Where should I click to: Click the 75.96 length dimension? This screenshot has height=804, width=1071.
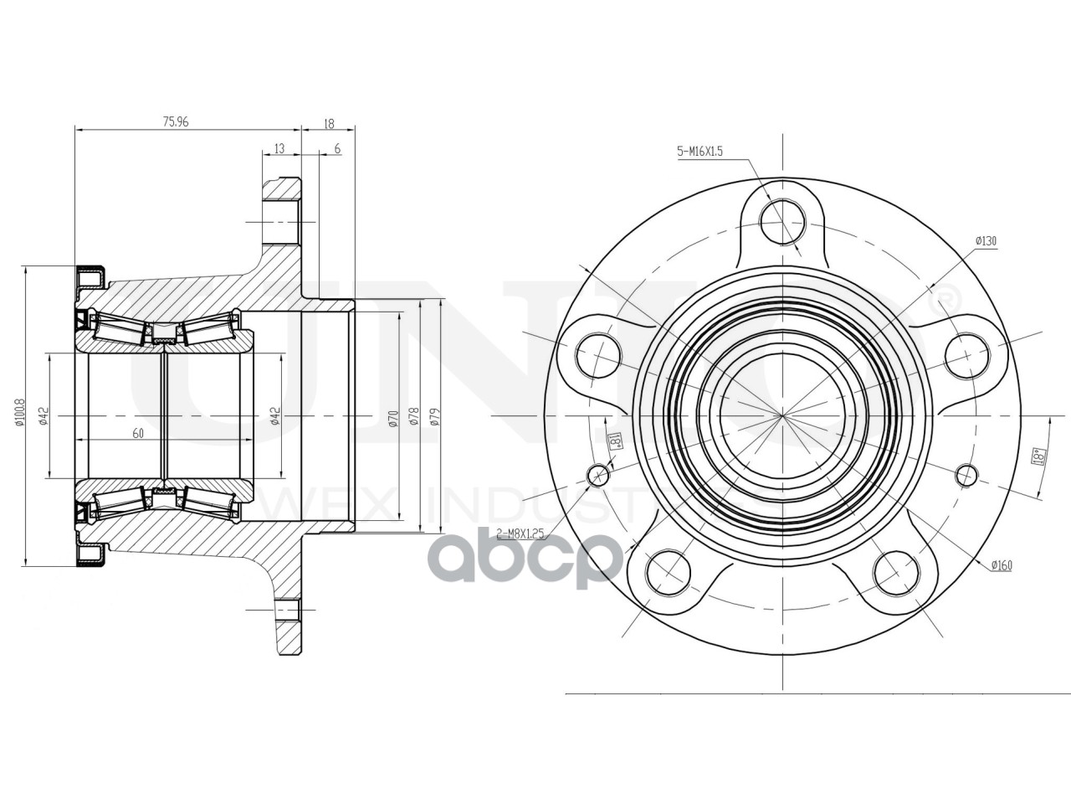coord(175,121)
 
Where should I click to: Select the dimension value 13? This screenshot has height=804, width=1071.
coord(279,148)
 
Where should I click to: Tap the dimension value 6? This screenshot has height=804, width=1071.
coord(336,148)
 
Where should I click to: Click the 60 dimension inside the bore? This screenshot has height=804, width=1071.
coord(138,433)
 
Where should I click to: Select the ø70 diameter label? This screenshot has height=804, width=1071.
coord(392,416)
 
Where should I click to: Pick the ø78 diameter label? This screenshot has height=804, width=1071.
coord(413,416)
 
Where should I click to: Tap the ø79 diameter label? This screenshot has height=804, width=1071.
coord(434,416)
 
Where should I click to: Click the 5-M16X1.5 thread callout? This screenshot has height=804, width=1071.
coord(699,152)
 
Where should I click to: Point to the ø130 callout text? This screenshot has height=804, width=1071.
coord(986,241)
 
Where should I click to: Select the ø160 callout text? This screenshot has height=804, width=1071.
coord(1000,566)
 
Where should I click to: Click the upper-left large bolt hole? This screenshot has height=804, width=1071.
coord(598,356)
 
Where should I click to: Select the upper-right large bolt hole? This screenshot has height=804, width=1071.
coord(966,356)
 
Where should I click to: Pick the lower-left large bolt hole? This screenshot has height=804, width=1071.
coord(669,572)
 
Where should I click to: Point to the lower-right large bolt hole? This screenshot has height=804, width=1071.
coord(895,572)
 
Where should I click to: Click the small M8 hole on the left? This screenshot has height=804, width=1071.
coord(599,475)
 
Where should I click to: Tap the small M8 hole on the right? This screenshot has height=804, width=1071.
coord(966,475)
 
